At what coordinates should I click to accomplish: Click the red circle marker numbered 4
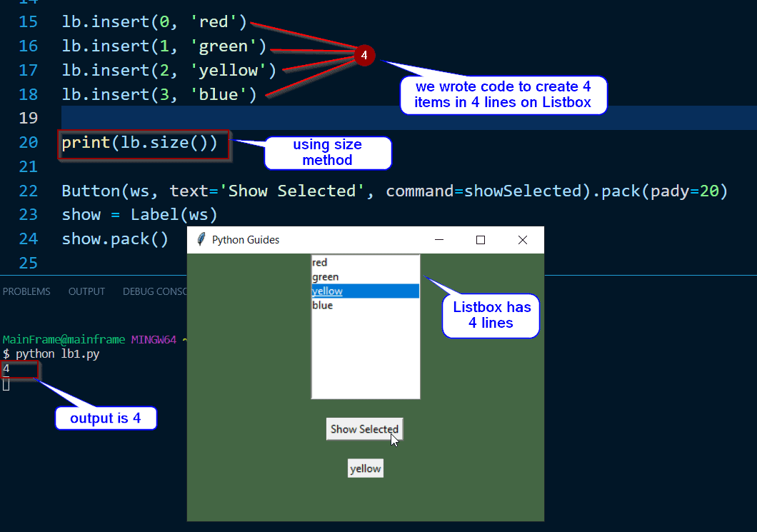tap(364, 55)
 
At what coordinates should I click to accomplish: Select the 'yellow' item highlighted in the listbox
tap(365, 291)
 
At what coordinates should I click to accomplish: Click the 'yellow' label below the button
tap(365, 468)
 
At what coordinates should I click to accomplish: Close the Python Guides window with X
tap(522, 240)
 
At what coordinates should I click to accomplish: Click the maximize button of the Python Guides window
tap(481, 240)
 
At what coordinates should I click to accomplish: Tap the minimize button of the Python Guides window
tap(439, 240)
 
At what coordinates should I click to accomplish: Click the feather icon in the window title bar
tap(201, 240)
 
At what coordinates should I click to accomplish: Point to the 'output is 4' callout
tap(105, 418)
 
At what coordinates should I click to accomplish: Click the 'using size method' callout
tap(328, 152)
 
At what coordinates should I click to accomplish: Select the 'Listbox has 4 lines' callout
tap(491, 315)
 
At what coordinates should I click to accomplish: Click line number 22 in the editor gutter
tap(28, 191)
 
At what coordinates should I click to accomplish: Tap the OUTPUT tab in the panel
tap(86, 291)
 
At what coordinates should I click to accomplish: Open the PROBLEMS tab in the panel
tap(26, 291)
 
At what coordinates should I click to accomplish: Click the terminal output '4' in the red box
tap(6, 369)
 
